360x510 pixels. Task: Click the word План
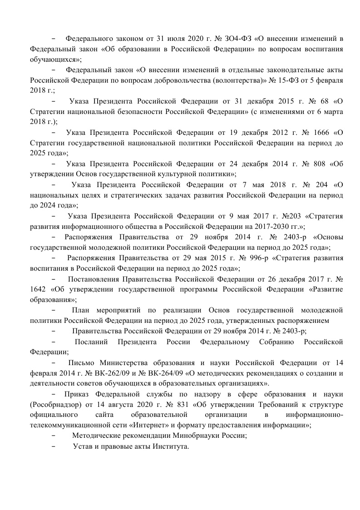[81, 310]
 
